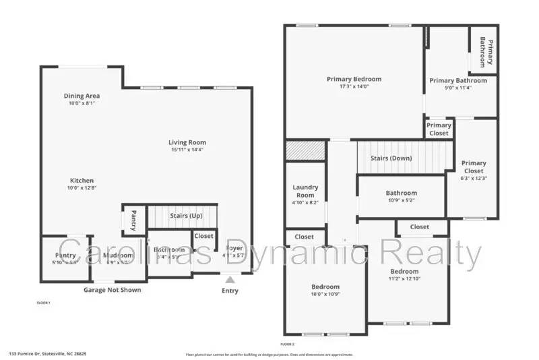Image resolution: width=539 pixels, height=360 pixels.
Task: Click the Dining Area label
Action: [x=82, y=96]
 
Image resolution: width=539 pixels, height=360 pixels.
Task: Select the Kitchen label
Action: [x=82, y=181]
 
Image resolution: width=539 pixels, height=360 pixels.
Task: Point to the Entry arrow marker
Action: [x=230, y=278]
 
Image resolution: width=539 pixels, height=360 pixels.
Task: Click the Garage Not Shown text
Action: [x=112, y=290]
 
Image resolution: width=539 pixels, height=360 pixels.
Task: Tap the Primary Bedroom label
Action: [x=354, y=79]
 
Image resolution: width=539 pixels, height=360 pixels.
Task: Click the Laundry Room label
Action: [x=305, y=191]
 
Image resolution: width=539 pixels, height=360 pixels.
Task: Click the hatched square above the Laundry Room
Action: [x=305, y=150]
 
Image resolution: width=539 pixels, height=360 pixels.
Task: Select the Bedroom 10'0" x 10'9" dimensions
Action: [x=325, y=294]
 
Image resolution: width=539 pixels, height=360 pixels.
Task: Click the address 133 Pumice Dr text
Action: [x=47, y=353]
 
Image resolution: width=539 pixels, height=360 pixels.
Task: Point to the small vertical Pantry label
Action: [x=133, y=220]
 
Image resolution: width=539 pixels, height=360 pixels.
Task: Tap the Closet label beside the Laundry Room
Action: [x=305, y=237]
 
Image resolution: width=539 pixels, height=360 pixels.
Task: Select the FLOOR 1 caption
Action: [x=43, y=303]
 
